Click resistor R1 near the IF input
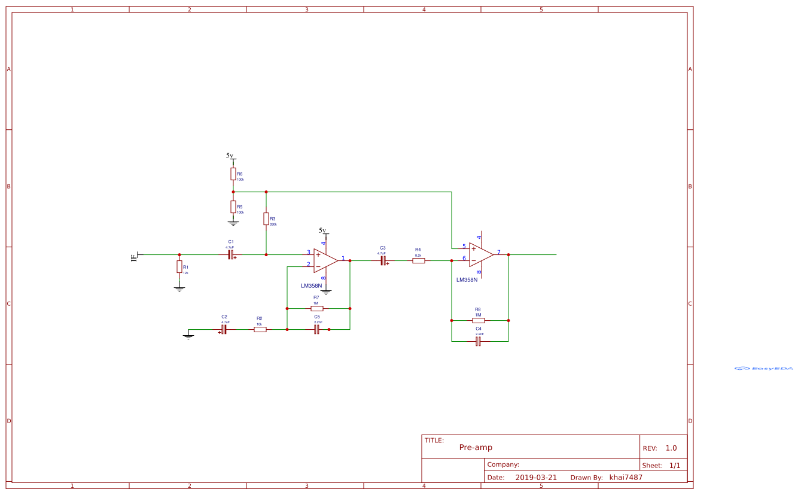click(179, 267)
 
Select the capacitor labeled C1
click(230, 254)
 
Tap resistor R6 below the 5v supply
click(233, 174)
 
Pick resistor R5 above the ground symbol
click(233, 206)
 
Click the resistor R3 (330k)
click(266, 219)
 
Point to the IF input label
click(134, 257)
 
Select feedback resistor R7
click(317, 308)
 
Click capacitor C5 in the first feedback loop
click(317, 329)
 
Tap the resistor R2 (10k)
click(260, 329)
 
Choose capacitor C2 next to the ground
click(224, 329)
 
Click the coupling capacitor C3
click(383, 260)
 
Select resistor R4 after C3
click(419, 260)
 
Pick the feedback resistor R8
click(479, 320)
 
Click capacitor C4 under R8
click(479, 341)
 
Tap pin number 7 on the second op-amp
click(498, 252)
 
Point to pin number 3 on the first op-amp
click(309, 252)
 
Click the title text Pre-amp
click(476, 447)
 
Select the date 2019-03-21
click(536, 477)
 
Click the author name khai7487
click(626, 477)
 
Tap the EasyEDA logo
click(764, 368)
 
